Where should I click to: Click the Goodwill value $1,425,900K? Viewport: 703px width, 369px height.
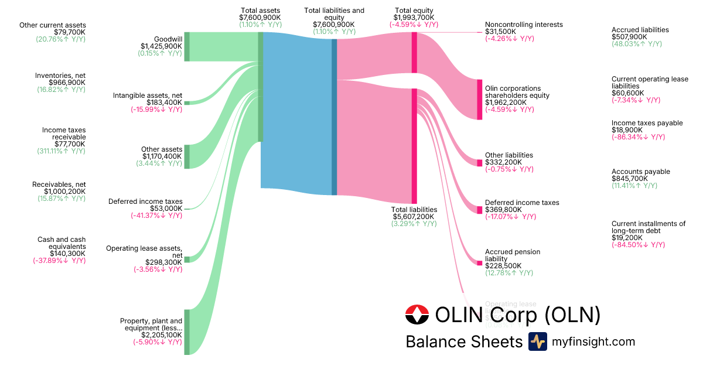[161, 46]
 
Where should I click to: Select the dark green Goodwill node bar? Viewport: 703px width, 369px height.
[187, 47]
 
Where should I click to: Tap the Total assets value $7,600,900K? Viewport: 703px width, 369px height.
[260, 18]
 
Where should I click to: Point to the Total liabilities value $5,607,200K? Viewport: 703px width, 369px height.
[414, 217]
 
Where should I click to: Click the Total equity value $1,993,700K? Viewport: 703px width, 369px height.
[414, 18]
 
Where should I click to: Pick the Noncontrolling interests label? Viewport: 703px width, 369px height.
[524, 25]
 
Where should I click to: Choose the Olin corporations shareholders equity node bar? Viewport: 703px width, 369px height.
[479, 100]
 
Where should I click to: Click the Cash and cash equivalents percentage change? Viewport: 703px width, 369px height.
[59, 261]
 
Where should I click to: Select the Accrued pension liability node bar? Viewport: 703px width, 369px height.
[479, 263]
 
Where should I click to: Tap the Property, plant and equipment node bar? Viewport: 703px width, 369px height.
[187, 332]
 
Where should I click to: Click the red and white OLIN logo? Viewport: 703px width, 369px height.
[417, 316]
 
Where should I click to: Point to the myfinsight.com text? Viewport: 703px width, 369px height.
[593, 341]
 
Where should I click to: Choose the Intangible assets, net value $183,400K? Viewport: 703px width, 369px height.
[161, 102]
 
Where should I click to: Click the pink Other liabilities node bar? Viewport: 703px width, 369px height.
[479, 163]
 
